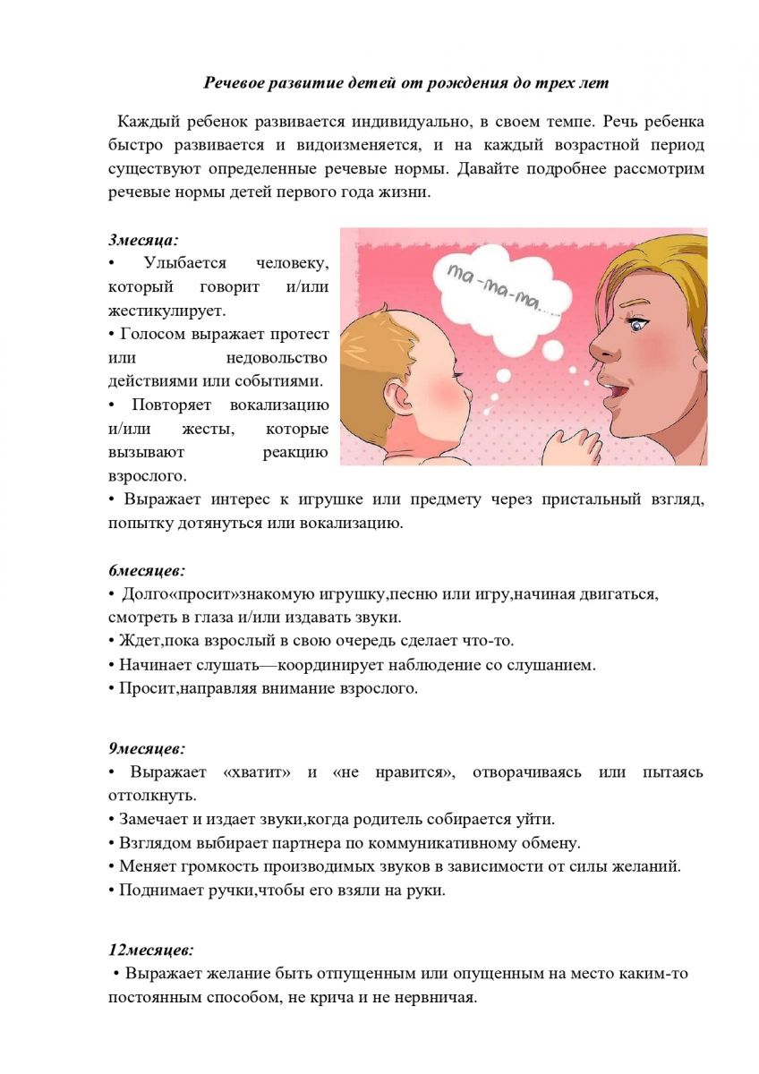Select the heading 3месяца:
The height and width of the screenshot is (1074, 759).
point(143,240)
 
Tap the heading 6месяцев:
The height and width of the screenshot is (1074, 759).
point(147,570)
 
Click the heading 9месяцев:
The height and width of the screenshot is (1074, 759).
point(147,747)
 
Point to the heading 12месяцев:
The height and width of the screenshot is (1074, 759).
point(150,950)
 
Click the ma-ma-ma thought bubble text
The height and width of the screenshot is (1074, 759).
point(506,289)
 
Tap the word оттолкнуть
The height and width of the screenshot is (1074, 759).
point(153,795)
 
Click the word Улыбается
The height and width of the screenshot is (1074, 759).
point(184,263)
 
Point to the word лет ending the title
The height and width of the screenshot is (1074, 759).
point(594,83)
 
